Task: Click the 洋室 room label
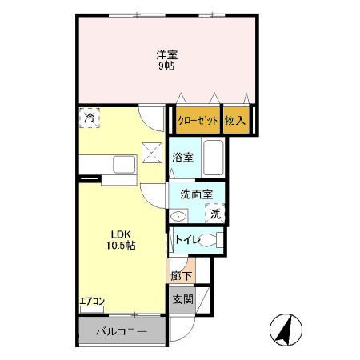tap(167, 55)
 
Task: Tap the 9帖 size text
tap(166, 66)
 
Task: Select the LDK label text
tap(121, 234)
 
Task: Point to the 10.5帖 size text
tap(121, 246)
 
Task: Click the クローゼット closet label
tap(198, 121)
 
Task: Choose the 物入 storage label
tap(235, 120)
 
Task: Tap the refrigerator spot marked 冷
tap(90, 118)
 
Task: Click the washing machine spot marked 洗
tap(215, 214)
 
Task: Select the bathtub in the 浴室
tap(214, 158)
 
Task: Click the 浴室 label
tap(182, 158)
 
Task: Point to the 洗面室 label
tap(197, 194)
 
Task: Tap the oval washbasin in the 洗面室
tap(178, 216)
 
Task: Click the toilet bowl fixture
tap(210, 240)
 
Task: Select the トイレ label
tap(187, 240)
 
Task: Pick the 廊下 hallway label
tap(182, 276)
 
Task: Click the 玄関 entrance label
tap(182, 299)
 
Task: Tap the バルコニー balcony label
tap(122, 332)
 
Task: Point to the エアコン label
tap(92, 302)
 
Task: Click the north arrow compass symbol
tap(286, 330)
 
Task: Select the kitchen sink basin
tap(124, 165)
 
